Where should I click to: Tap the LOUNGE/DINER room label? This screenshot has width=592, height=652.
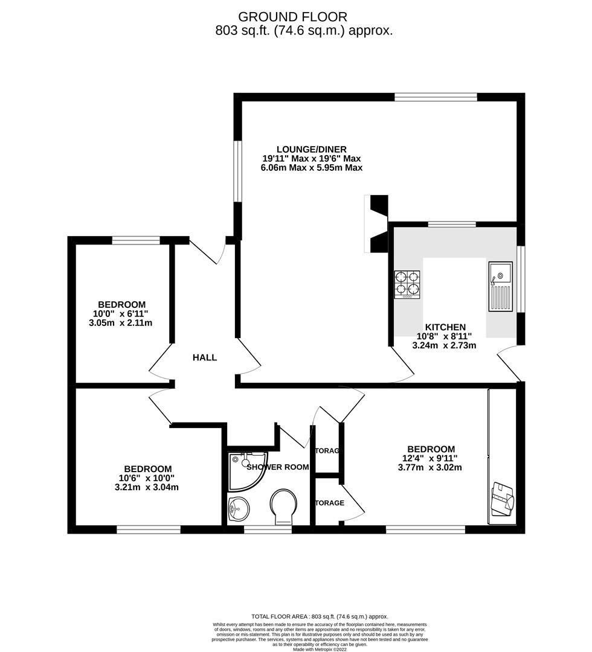click(311, 149)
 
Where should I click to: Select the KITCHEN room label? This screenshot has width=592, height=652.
click(445, 327)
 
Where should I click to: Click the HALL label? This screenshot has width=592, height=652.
click(205, 357)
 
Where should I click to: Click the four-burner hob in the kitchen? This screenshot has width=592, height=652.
click(407, 284)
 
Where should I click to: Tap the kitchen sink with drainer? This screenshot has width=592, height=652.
click(500, 286)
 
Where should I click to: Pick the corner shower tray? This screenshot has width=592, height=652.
click(245, 470)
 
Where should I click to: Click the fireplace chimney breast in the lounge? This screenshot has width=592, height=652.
click(378, 224)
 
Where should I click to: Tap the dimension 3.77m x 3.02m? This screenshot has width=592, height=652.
click(430, 467)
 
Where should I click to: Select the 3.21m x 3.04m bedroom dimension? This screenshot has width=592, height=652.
click(147, 487)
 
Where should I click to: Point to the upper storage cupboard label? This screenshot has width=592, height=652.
click(327, 450)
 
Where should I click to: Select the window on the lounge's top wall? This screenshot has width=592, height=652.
click(436, 97)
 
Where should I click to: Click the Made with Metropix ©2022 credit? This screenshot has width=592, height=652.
click(320, 649)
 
